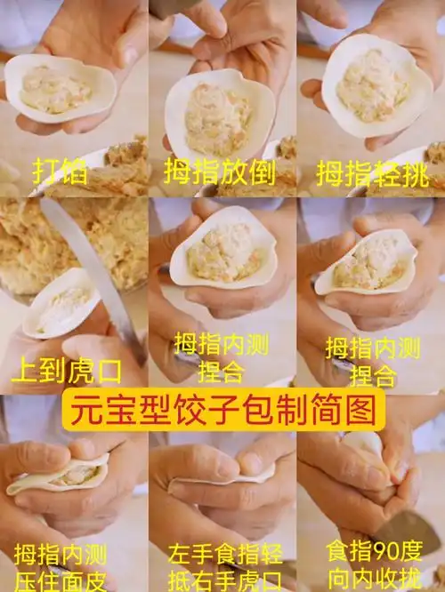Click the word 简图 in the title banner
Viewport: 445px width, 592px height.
[x=340, y=412]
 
